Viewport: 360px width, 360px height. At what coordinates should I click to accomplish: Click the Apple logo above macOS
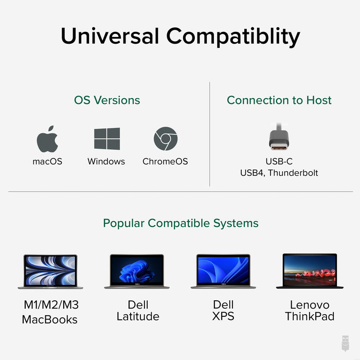(x=47, y=139)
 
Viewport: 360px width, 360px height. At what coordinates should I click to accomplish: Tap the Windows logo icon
(x=107, y=139)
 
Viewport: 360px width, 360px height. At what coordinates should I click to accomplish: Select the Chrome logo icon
(x=166, y=139)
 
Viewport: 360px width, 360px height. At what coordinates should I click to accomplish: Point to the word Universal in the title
(x=110, y=36)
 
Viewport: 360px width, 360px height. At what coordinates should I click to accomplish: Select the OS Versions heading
(x=107, y=100)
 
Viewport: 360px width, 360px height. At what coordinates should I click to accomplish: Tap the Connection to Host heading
(x=279, y=100)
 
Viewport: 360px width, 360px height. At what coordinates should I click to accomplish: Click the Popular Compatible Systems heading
(x=181, y=223)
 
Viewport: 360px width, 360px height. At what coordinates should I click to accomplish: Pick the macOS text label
(x=47, y=161)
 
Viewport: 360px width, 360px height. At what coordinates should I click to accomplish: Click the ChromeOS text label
(x=165, y=161)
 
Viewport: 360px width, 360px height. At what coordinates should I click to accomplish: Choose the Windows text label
(x=106, y=161)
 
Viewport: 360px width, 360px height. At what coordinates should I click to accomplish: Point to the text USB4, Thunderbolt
(x=279, y=173)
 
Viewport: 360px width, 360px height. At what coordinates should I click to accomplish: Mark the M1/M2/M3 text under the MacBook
(x=51, y=305)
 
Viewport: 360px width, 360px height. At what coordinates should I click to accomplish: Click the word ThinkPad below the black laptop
(x=310, y=317)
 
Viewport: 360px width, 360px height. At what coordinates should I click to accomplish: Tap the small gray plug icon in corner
(x=346, y=343)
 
